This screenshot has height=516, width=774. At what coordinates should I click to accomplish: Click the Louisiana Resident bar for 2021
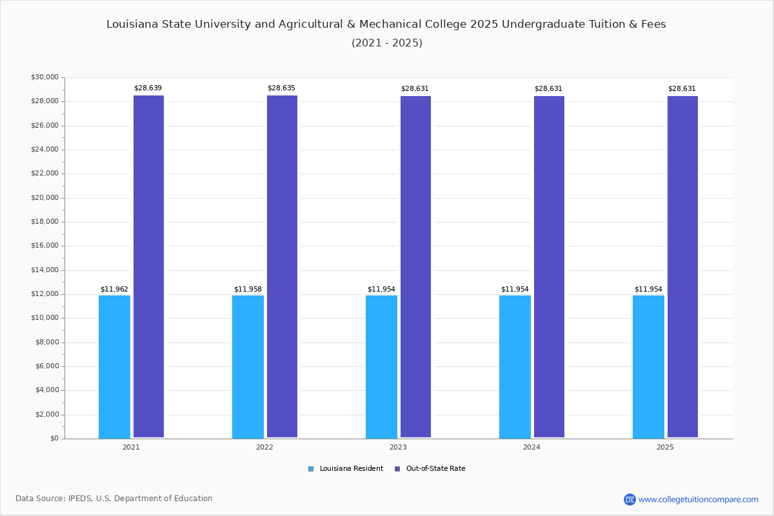[x=114, y=366]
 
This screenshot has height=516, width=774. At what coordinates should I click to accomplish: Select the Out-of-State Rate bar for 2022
[x=282, y=266]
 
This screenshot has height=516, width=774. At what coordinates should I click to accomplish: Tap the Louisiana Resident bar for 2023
[x=381, y=366]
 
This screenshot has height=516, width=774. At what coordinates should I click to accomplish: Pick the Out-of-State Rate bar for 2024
[x=549, y=266]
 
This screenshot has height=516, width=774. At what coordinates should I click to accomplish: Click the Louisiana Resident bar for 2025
[x=648, y=366]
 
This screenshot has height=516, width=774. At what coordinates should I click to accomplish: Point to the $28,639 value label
[x=148, y=88]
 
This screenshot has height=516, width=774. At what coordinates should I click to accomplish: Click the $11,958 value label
[x=248, y=290]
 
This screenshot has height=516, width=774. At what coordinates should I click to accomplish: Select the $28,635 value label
[x=281, y=88]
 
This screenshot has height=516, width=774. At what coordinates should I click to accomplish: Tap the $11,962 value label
[x=114, y=290]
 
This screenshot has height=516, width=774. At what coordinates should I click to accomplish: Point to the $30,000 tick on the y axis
[x=45, y=77]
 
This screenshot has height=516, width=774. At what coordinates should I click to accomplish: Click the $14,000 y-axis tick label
[x=45, y=270]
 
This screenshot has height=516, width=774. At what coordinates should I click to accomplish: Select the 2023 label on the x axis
[x=398, y=447]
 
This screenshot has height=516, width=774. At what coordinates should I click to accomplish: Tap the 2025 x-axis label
[x=665, y=447]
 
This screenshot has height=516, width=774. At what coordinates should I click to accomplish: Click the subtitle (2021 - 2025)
[x=386, y=43]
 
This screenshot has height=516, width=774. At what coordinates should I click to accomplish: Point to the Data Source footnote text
[x=114, y=499]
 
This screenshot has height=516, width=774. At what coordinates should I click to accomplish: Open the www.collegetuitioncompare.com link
[x=698, y=499]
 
